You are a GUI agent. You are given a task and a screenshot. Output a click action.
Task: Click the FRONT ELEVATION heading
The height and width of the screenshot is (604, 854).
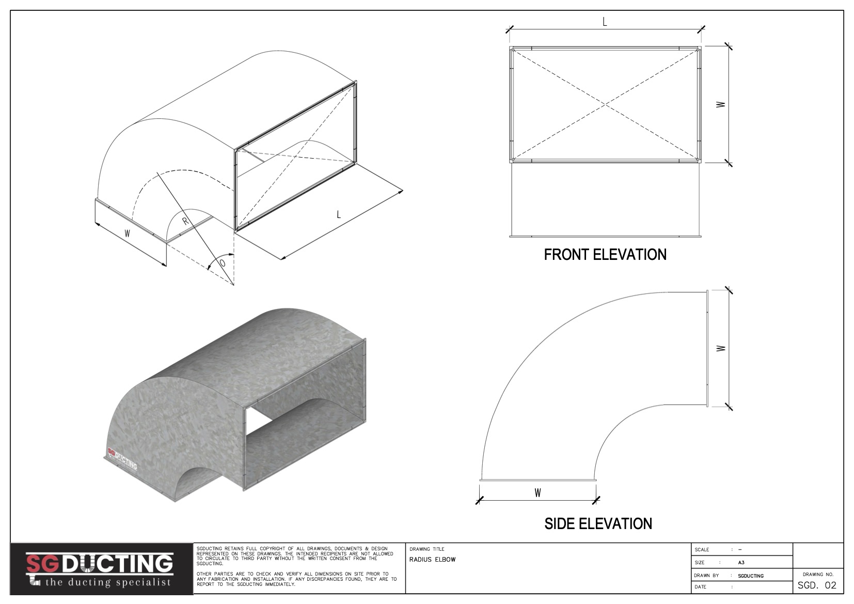[605, 255]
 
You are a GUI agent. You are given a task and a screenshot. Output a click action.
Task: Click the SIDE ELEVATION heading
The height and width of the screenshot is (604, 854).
[598, 524]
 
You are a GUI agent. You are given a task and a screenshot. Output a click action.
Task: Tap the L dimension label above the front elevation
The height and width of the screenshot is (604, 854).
[605, 22]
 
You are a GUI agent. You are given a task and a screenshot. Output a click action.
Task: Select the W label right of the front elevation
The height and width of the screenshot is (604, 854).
[721, 104]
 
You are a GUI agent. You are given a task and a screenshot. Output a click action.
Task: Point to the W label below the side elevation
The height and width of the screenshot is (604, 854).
[537, 493]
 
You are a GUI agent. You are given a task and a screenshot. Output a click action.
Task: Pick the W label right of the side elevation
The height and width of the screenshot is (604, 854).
[721, 348]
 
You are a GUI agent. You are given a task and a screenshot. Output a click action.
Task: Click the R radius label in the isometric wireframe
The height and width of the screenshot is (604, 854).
[185, 221]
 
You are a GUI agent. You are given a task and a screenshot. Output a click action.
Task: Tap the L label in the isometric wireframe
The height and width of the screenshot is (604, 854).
[339, 214]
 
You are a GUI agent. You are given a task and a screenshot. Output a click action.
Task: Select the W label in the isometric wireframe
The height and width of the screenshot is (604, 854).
[128, 234]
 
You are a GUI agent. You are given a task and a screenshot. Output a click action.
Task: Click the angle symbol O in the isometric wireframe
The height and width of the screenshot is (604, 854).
[223, 263]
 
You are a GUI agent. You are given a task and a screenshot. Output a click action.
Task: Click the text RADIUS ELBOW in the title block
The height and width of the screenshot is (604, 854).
[432, 560]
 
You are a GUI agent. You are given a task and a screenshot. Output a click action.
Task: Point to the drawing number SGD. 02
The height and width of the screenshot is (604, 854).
[817, 586]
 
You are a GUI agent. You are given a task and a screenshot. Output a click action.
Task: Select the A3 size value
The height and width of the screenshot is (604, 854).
[741, 563]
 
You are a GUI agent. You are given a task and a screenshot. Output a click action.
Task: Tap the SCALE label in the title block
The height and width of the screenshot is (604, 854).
[702, 550]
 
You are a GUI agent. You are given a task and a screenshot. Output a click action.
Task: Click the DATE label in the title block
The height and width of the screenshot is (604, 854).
[700, 587]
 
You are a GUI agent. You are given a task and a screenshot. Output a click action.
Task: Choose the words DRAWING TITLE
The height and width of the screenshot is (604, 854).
[427, 549]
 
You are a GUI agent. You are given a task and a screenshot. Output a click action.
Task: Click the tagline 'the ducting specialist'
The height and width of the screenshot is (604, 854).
[108, 582]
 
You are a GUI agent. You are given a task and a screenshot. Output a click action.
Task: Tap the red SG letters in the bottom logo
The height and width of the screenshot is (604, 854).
[42, 564]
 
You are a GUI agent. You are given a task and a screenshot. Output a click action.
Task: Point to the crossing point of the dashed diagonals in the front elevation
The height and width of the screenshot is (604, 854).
[605, 104]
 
